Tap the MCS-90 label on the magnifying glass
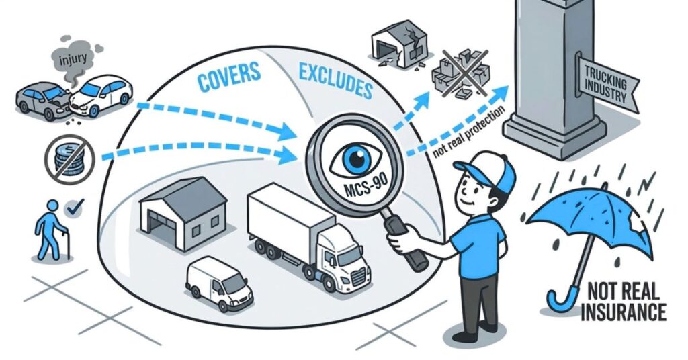point(355,191)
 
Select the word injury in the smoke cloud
point(73,58)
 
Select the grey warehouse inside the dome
point(183,213)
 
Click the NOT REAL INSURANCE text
point(624,302)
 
